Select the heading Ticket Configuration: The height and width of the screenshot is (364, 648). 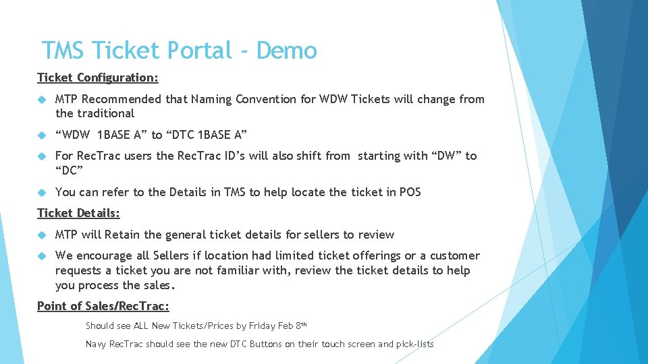[98, 78]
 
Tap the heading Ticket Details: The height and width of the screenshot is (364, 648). [78, 213]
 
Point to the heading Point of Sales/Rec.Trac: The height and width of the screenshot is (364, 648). [103, 306]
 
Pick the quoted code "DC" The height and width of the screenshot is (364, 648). [68, 171]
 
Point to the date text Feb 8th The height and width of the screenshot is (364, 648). [292, 326]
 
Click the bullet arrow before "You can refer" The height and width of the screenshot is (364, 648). [41, 192]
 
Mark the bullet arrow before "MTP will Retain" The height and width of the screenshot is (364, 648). [41, 235]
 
